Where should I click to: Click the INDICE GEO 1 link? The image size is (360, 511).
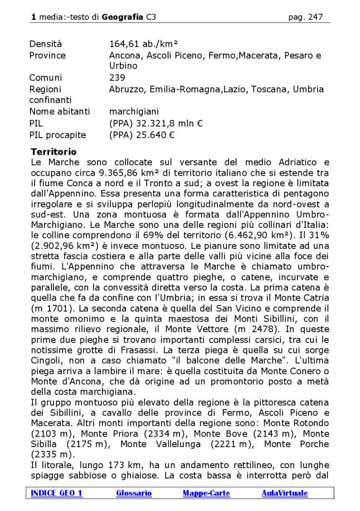[x=56, y=493]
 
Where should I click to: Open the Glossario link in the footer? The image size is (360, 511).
[x=133, y=493]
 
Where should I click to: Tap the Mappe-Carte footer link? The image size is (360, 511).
[x=206, y=493]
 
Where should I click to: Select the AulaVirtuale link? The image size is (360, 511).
[x=284, y=493]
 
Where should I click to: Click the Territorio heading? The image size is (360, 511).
[x=53, y=151]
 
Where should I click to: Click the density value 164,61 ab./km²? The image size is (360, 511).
[x=143, y=44]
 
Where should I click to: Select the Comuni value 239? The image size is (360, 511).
[x=117, y=78]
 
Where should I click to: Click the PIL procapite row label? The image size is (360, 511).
[x=58, y=134]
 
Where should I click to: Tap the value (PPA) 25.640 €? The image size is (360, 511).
[x=142, y=134]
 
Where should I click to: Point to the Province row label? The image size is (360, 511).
[x=47, y=55]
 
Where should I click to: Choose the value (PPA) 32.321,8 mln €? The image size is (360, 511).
[x=156, y=123]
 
